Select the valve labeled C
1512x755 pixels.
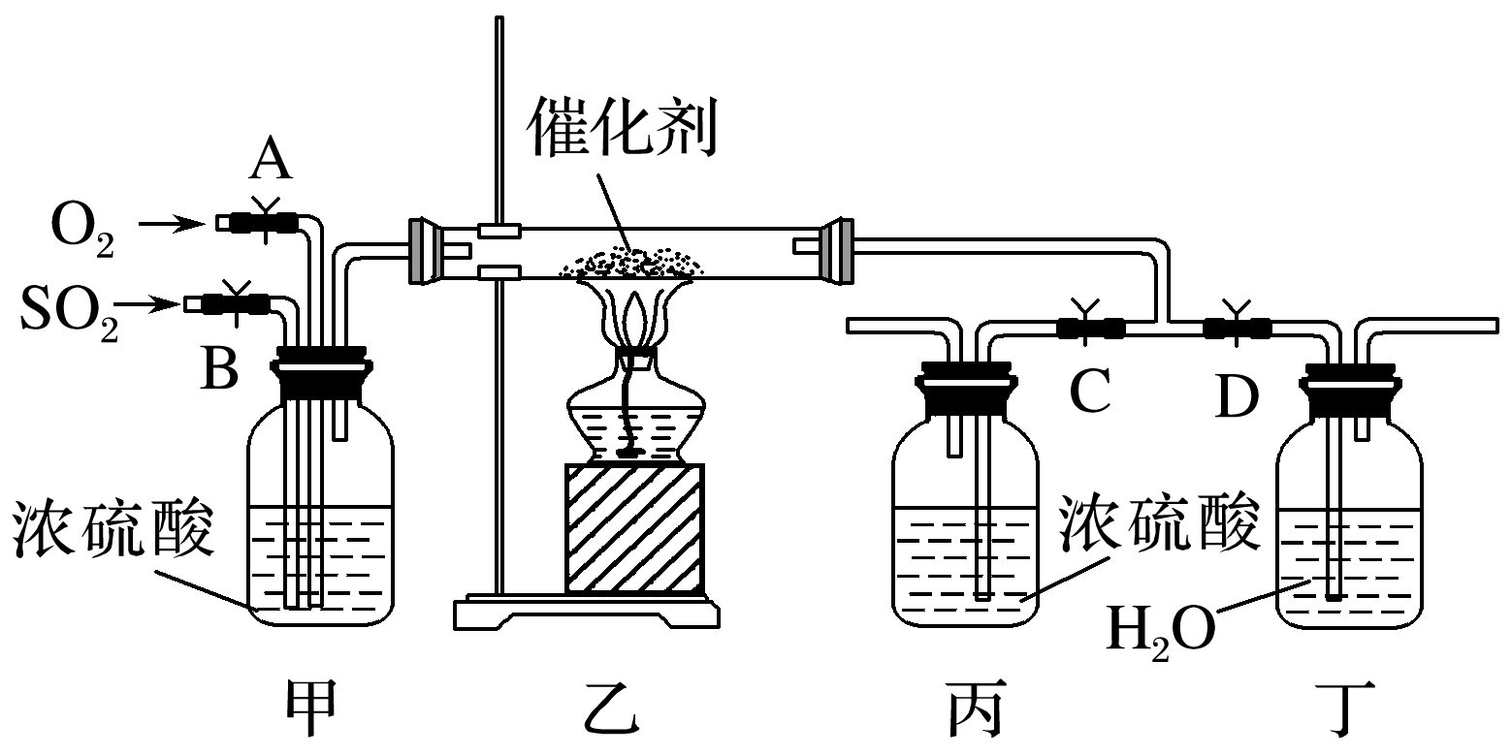1090,328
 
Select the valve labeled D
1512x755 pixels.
1237,328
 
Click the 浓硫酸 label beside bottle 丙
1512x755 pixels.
1160,524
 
